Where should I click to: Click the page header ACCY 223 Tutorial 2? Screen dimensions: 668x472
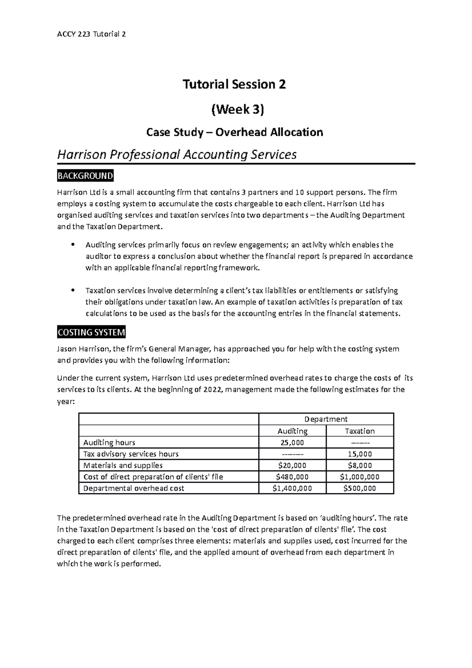(91, 34)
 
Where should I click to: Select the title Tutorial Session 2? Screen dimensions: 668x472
(234, 84)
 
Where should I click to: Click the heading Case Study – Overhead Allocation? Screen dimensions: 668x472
(234, 132)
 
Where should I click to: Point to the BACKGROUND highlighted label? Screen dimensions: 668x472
(85, 176)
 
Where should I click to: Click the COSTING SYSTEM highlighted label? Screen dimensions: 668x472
(91, 332)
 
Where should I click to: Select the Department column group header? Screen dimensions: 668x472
(326, 419)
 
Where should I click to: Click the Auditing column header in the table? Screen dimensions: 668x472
(292, 431)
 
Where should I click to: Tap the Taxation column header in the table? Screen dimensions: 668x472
(360, 431)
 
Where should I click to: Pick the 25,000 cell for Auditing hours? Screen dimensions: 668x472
(292, 442)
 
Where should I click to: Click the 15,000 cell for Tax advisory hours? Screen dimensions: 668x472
(360, 454)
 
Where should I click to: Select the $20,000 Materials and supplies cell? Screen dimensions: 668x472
(292, 465)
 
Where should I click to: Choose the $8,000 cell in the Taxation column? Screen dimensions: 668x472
(360, 465)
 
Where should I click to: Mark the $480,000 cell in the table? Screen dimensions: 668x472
(292, 477)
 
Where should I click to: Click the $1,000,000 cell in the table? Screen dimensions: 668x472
(360, 477)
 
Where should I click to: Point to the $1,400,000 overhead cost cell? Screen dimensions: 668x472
(292, 488)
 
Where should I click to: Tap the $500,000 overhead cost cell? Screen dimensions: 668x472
(360, 488)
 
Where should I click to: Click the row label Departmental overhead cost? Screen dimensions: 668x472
(134, 488)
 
